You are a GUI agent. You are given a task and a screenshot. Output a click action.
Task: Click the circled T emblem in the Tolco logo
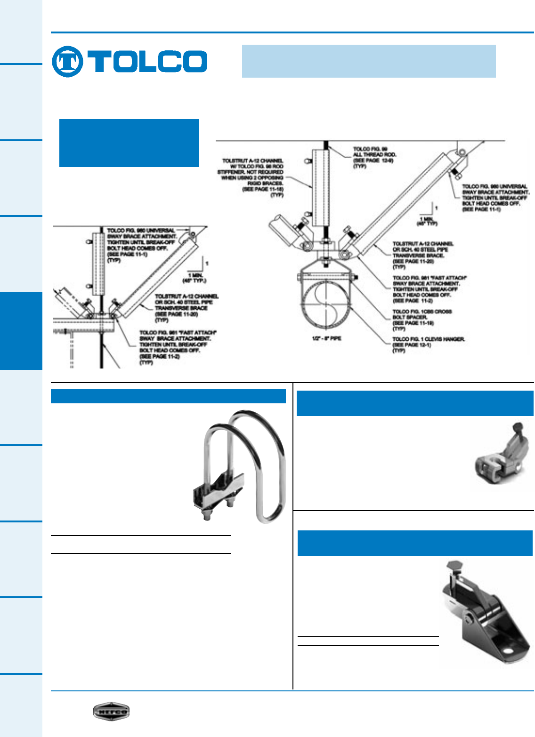tap(67, 62)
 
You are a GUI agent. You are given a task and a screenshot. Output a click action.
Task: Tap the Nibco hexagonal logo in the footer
tap(111, 711)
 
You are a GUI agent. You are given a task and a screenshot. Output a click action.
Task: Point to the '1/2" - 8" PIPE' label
tap(326, 338)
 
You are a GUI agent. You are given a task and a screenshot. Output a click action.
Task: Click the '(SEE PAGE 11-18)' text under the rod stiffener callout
tap(262, 189)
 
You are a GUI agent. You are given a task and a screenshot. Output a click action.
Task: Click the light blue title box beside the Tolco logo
tap(368, 61)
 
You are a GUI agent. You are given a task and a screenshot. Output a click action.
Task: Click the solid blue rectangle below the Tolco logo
tap(129, 143)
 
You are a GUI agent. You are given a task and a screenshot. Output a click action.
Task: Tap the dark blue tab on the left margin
tap(21, 330)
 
